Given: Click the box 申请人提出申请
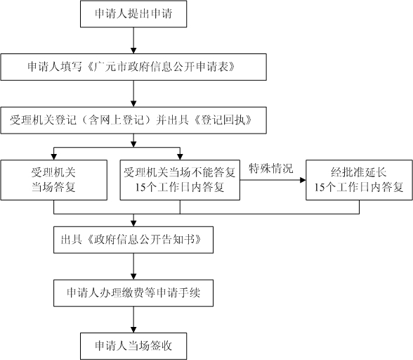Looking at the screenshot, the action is coord(133,14).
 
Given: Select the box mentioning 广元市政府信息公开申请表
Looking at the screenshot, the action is coord(133,67).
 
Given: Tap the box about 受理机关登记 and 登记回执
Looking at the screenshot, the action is coord(133,120).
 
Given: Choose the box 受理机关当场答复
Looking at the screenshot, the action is coord(53,180).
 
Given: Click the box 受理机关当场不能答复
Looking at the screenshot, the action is coord(180,180).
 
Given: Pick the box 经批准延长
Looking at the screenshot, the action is coord(359,180).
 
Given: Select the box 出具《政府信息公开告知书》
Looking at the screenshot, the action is coord(133,240).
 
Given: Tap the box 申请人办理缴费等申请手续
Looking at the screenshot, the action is coord(133,293).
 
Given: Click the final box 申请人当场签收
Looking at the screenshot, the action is coord(133,346).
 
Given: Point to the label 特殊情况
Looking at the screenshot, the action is coord(271,168).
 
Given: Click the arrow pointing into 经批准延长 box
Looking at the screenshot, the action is coord(273,180).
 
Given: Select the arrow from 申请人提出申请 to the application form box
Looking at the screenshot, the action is coord(133,40).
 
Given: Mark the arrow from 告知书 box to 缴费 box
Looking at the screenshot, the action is coord(133,266).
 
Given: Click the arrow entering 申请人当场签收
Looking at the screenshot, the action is coord(133,320).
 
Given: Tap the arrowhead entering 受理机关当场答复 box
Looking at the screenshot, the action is coord(53,157).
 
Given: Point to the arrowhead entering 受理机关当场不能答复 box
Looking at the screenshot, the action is coord(180,157).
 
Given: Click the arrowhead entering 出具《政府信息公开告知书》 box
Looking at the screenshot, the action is coord(133,224).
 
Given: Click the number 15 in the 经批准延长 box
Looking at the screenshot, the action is coord(320,187).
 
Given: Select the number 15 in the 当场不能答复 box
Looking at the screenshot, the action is coord(141,187).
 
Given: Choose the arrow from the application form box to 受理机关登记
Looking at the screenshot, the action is coord(133,94).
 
